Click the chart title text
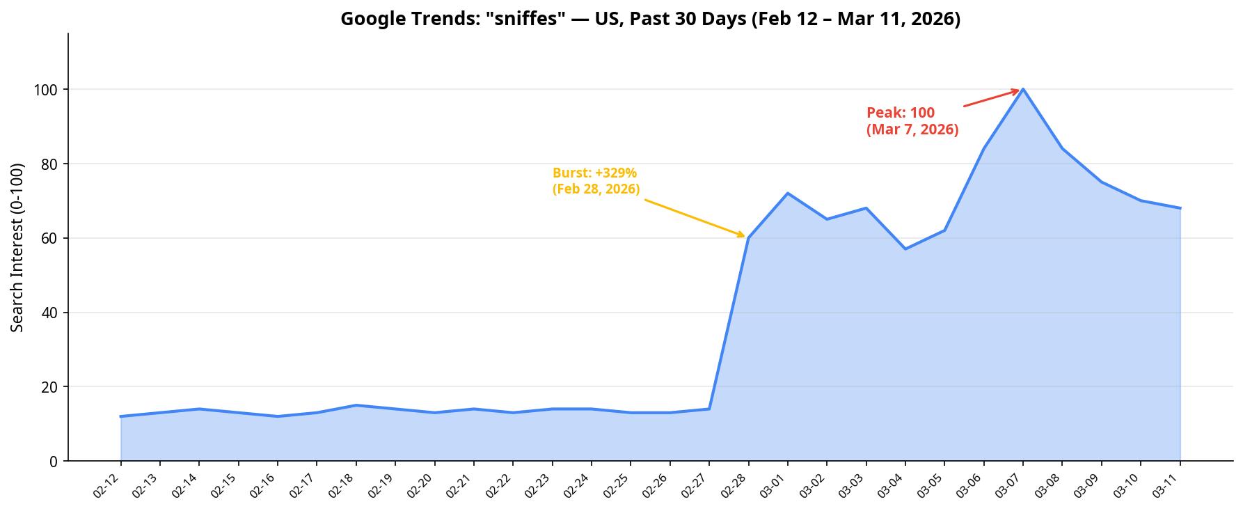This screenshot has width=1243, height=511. point(650,19)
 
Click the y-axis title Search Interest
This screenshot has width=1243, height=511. point(18,247)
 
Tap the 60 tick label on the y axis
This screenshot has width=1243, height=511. point(50,238)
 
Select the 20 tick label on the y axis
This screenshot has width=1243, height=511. point(50,387)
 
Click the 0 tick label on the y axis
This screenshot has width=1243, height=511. point(54,462)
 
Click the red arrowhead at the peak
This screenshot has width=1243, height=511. point(1017,91)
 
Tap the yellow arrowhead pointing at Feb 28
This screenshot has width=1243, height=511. point(742,235)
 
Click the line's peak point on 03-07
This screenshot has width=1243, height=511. point(1023,89)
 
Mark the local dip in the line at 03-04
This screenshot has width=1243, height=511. point(905,249)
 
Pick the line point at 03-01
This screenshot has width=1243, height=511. point(788,193)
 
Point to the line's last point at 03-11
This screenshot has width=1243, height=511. point(1180,208)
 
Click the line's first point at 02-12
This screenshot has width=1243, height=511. point(121,416)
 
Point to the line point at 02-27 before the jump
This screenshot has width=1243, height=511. point(709,409)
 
